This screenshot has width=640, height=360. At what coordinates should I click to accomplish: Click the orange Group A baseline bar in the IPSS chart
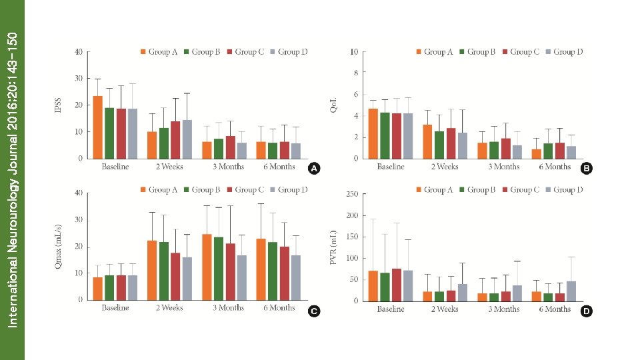click(97, 127)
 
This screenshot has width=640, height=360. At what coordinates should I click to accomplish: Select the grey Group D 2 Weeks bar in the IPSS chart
click(187, 139)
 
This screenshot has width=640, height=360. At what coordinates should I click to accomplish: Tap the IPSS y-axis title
click(58, 105)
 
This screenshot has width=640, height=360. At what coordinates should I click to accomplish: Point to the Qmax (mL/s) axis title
click(58, 246)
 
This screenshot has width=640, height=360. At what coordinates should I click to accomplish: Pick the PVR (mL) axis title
click(333, 247)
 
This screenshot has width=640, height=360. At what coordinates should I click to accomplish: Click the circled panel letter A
click(313, 169)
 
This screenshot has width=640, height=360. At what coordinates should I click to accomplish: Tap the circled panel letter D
click(585, 311)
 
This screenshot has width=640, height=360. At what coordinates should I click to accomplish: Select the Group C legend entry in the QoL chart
click(525, 51)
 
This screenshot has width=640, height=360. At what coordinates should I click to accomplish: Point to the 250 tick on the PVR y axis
click(352, 194)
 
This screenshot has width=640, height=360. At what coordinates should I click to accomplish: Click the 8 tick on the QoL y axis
click(355, 73)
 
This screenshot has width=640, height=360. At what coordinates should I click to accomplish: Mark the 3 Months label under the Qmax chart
click(228, 308)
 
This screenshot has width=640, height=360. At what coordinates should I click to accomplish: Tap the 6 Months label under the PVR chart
click(555, 309)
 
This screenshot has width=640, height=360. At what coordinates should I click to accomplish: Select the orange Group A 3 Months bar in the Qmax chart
click(207, 267)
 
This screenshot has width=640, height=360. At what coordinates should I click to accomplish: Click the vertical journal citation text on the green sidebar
click(12, 180)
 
